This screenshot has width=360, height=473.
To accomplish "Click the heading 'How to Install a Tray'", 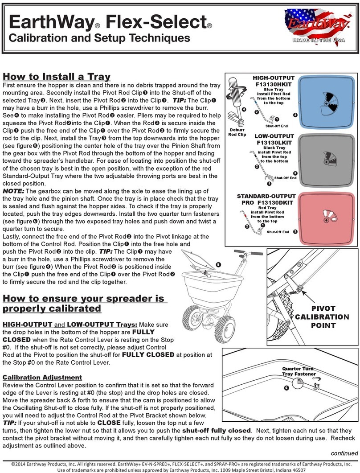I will point(57,77).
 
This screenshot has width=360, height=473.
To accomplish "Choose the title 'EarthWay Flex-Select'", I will point(106,21).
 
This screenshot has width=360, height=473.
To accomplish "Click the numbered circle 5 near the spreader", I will point(218,264).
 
